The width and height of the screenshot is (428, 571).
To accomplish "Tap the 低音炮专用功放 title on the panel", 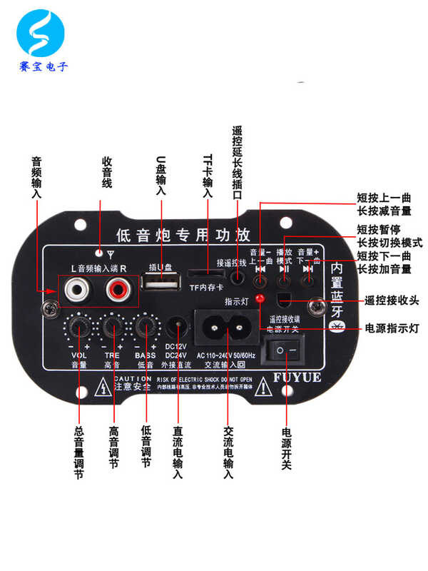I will click(183, 234).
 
